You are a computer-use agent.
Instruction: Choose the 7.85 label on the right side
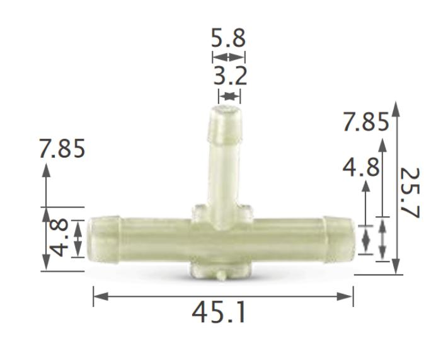click(365, 122)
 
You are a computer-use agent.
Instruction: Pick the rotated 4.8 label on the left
click(60, 238)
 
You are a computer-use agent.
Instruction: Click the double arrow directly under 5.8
click(227, 57)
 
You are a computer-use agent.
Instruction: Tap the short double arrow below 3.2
click(229, 96)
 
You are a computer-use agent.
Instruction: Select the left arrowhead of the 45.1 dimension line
click(98, 296)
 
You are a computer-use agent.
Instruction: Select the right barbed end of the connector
click(340, 238)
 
